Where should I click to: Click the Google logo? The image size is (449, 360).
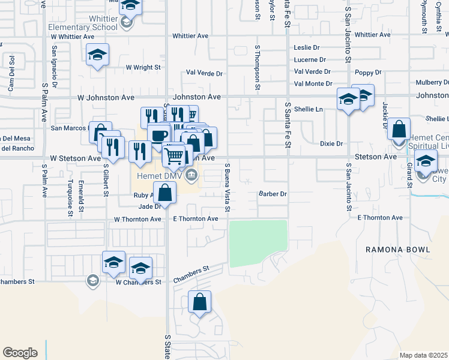[x=20, y=353]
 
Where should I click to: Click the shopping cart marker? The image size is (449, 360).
[x=174, y=156]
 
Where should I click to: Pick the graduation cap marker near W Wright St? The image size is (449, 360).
[x=98, y=56]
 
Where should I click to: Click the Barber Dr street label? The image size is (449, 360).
[x=273, y=194]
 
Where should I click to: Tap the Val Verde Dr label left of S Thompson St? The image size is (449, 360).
[x=204, y=73]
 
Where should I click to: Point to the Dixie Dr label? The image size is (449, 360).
[x=331, y=144]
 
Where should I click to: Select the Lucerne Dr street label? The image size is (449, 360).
[x=310, y=59]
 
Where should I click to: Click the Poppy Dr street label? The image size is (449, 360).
[x=368, y=73]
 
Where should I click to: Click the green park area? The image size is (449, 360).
[x=258, y=243]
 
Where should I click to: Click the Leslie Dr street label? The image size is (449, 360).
[x=307, y=47]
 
